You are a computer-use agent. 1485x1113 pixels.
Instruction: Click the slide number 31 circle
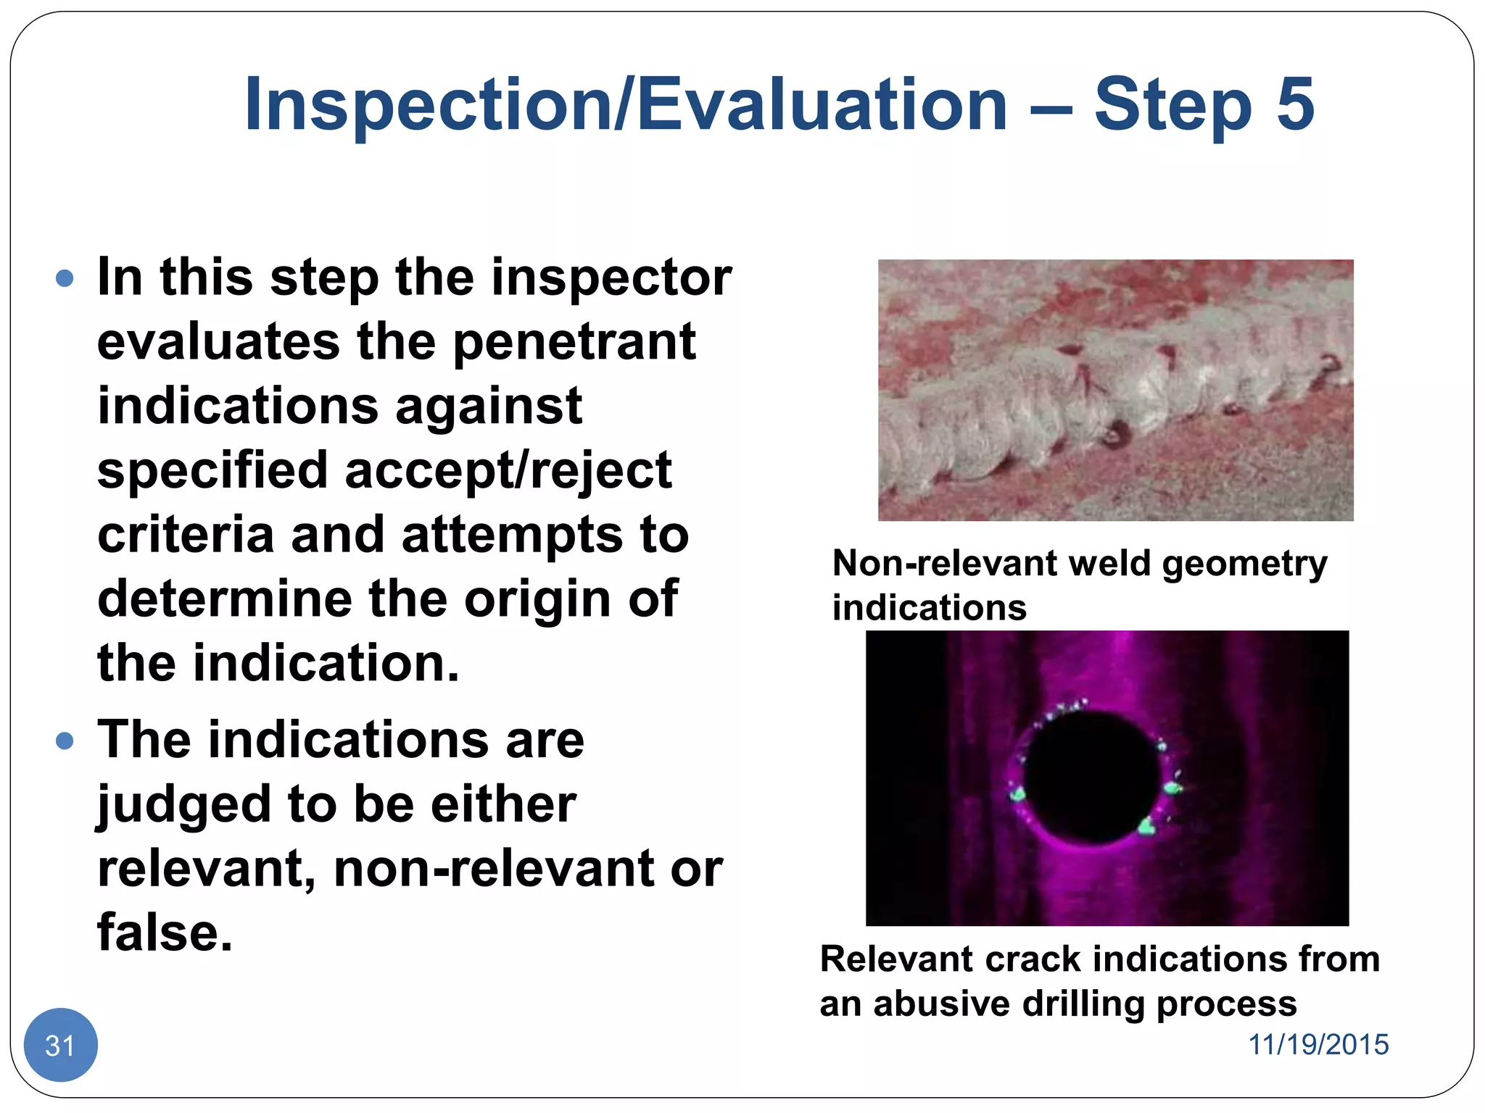[60, 1044]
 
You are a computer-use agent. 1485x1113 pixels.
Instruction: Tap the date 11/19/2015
[1318, 1044]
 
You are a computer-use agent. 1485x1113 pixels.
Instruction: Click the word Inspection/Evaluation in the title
[625, 105]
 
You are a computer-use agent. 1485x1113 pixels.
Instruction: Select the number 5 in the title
[1294, 105]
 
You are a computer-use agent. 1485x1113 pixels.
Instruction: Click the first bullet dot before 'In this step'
[65, 278]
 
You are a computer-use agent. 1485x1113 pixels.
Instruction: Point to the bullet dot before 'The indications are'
[65, 741]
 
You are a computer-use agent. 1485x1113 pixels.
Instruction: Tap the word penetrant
[574, 342]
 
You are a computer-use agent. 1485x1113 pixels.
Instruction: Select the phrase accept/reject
[508, 471]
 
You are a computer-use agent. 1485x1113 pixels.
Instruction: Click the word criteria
[185, 535]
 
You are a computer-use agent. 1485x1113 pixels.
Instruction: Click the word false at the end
[165, 933]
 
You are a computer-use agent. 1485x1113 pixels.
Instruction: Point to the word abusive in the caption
[941, 1004]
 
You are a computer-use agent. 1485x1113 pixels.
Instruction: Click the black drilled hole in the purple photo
[1091, 777]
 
